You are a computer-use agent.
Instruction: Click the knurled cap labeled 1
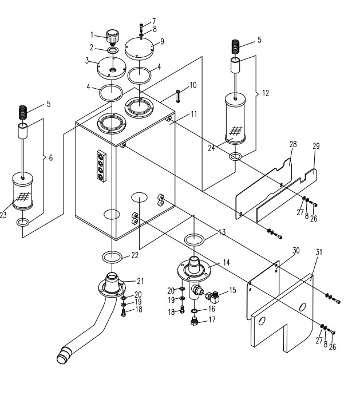pyautogui.click(x=112, y=37)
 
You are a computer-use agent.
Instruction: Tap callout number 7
pyautogui.click(x=154, y=21)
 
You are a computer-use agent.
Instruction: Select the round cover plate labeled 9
pyautogui.click(x=140, y=49)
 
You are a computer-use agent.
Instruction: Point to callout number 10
pyautogui.click(x=193, y=85)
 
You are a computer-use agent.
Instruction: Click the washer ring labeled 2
pyautogui.click(x=113, y=50)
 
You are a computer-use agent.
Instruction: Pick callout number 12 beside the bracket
pyautogui.click(x=266, y=93)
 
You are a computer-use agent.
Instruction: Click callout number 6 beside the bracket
pyautogui.click(x=50, y=158)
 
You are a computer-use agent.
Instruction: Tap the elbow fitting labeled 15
pyautogui.click(x=212, y=297)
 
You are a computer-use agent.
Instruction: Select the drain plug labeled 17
pyautogui.click(x=195, y=321)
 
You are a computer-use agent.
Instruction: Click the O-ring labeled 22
pyautogui.click(x=112, y=257)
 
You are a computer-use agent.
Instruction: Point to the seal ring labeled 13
pyautogui.click(x=194, y=240)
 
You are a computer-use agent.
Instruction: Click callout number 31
pyautogui.click(x=319, y=252)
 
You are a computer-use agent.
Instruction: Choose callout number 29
pyautogui.click(x=316, y=146)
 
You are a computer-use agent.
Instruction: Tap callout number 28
pyautogui.click(x=293, y=144)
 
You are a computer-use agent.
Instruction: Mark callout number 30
pyautogui.click(x=296, y=251)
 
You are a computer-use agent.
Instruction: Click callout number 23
pyautogui.click(x=3, y=215)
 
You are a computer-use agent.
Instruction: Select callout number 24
pyautogui.click(x=211, y=148)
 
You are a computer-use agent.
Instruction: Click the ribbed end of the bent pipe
pyautogui.click(x=64, y=355)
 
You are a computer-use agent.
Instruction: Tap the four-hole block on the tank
pyautogui.click(x=101, y=166)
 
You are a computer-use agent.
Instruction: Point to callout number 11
pyautogui.click(x=194, y=114)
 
